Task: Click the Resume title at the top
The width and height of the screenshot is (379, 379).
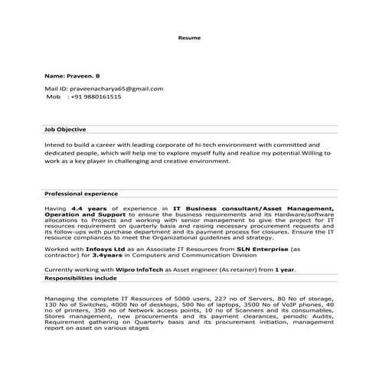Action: (189, 37)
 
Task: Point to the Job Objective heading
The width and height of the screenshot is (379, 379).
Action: (65, 129)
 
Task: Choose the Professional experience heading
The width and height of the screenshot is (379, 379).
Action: (80, 194)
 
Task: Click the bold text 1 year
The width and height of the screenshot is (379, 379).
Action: (285, 270)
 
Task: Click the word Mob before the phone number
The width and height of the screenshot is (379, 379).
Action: (53, 97)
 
